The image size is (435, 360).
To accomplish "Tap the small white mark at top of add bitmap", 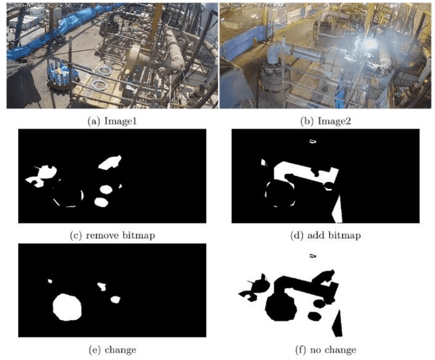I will coord(313,141).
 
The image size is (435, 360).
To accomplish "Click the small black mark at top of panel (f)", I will coord(313,255).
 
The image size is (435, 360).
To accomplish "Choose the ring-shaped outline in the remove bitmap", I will coord(67,196).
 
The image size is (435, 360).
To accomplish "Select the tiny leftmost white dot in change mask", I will coord(49,280).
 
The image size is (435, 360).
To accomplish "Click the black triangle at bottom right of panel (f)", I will coord(337,327).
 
